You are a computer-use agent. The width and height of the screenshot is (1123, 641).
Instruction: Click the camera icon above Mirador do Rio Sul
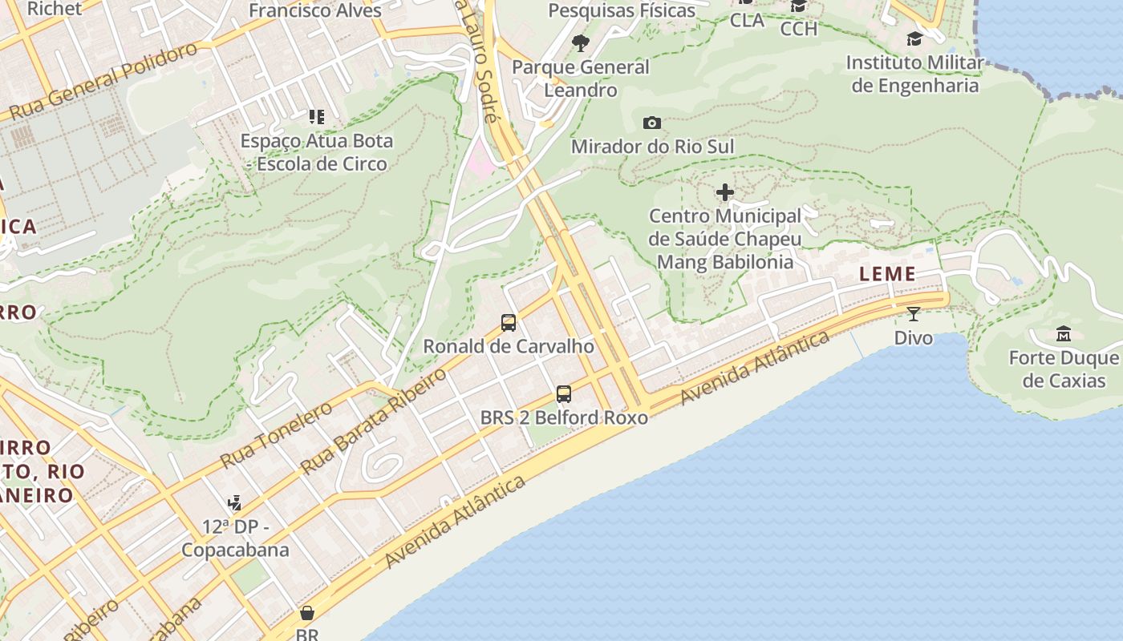pyautogui.click(x=652, y=123)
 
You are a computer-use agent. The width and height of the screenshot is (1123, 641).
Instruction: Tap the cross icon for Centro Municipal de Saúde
pyautogui.click(x=725, y=192)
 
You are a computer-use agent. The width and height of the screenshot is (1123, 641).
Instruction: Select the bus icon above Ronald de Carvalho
pyautogui.click(x=509, y=323)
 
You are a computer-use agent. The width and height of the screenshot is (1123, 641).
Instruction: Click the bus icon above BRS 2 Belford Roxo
pyautogui.click(x=564, y=393)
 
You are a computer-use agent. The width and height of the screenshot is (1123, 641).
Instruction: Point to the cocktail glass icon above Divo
pyautogui.click(x=914, y=313)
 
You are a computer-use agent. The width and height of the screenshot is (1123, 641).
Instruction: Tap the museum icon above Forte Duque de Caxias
pyautogui.click(x=1064, y=333)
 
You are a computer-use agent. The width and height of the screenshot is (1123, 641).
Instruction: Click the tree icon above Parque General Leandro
pyautogui.click(x=581, y=43)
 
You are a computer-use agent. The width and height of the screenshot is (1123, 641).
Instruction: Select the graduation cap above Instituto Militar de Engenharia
pyautogui.click(x=914, y=38)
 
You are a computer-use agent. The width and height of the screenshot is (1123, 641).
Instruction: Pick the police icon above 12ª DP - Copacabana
pyautogui.click(x=234, y=503)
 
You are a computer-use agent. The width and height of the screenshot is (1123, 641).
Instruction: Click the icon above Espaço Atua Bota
pyautogui.click(x=317, y=117)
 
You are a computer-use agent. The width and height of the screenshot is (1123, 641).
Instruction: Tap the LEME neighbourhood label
pyautogui.click(x=887, y=274)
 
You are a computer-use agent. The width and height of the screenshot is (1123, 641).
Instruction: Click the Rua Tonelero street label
pyautogui.click(x=276, y=436)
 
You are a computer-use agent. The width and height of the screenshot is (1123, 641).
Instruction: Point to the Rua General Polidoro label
pyautogui.click(x=104, y=82)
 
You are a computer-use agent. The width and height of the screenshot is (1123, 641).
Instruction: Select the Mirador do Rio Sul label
pyautogui.click(x=652, y=147)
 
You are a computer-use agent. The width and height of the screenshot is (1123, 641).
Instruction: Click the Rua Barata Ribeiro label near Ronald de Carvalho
pyautogui.click(x=373, y=421)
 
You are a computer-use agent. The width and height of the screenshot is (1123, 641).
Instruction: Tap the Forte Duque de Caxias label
pyautogui.click(x=1064, y=369)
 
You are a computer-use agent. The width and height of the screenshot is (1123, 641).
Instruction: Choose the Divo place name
pyautogui.click(x=914, y=337)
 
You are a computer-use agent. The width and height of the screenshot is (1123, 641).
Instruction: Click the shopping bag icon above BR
pyautogui.click(x=306, y=614)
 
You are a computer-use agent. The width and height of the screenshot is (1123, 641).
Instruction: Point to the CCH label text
pyautogui.click(x=798, y=29)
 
